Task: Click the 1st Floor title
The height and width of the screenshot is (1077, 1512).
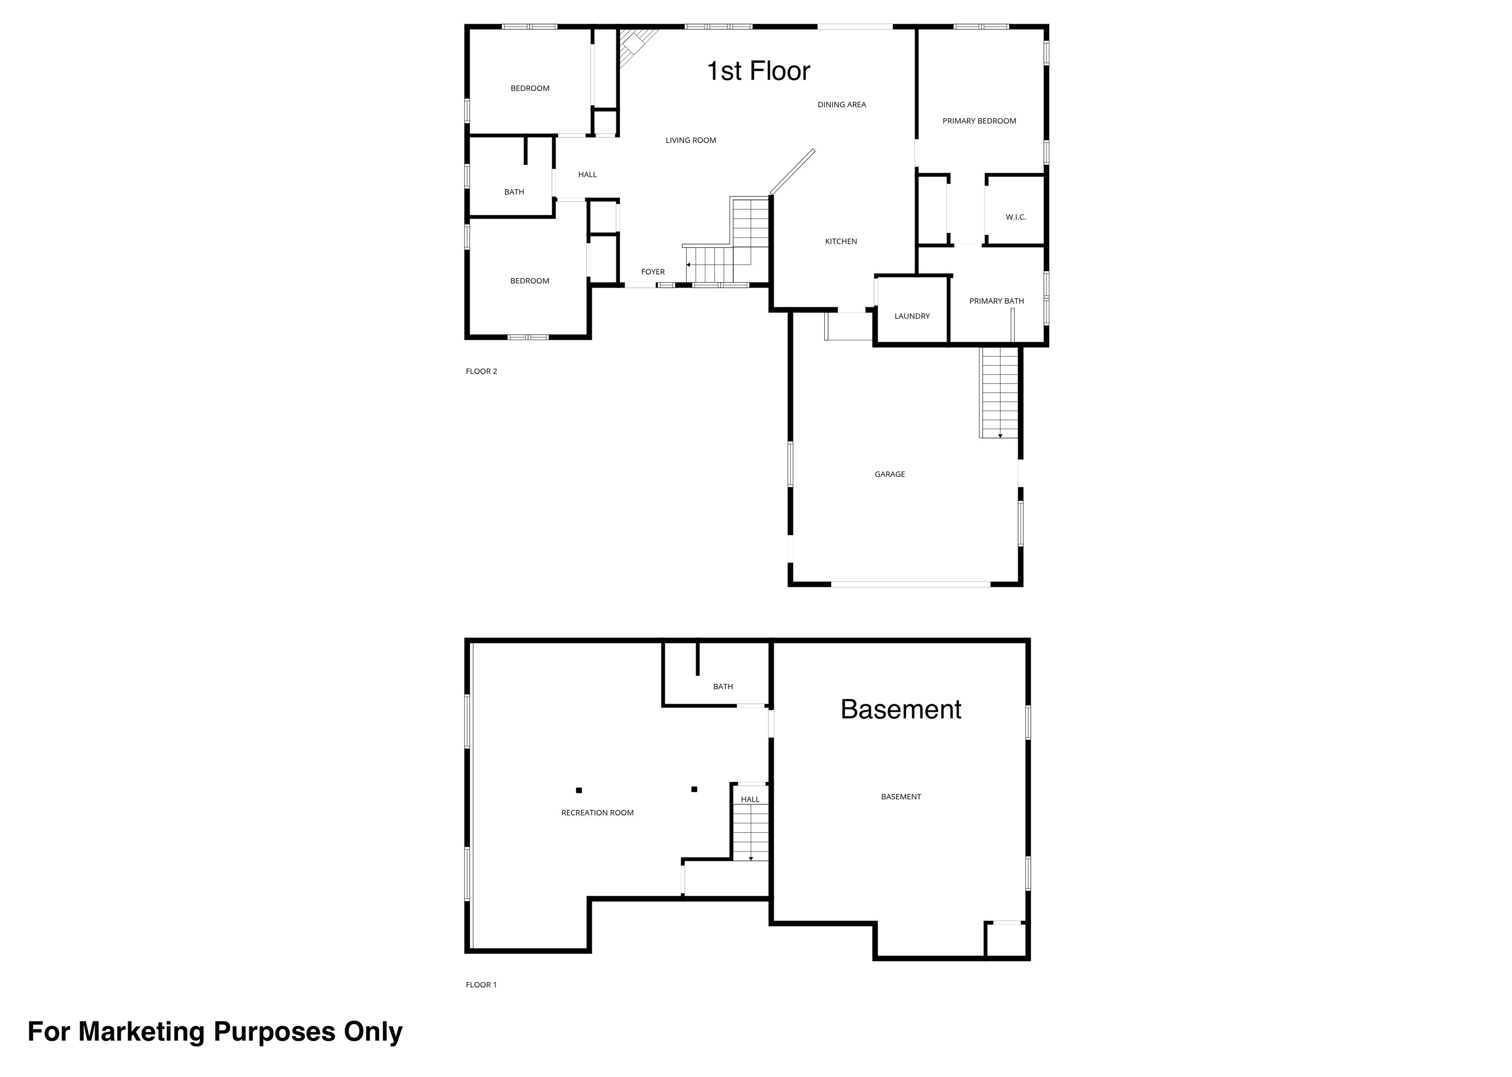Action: tap(758, 71)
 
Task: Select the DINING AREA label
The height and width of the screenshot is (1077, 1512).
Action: tap(842, 105)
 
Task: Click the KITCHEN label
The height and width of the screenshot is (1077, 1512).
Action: tap(841, 241)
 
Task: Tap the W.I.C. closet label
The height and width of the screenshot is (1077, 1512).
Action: tap(1016, 218)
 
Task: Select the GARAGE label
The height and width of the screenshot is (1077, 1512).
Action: tap(890, 474)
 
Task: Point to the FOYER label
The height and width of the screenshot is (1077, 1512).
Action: tap(653, 272)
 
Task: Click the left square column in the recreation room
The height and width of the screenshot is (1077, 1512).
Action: tap(579, 791)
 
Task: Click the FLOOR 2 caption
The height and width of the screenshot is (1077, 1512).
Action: tap(481, 371)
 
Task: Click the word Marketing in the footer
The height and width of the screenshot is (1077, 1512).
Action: tap(141, 1032)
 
